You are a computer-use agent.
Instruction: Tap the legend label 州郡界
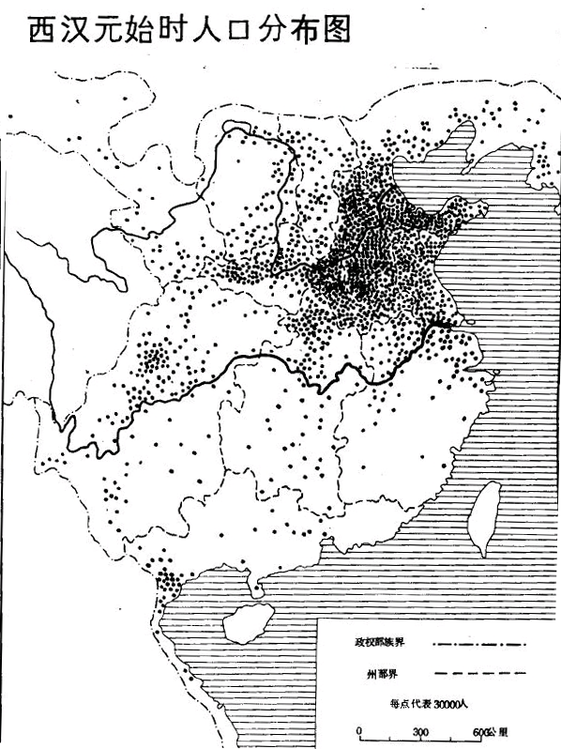point(377,674)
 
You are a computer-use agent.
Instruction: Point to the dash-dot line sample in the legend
point(479,645)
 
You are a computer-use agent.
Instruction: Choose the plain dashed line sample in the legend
point(479,674)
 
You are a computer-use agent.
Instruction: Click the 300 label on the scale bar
point(419,732)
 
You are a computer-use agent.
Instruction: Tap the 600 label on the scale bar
point(478,732)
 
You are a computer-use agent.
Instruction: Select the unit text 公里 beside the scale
point(499,732)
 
